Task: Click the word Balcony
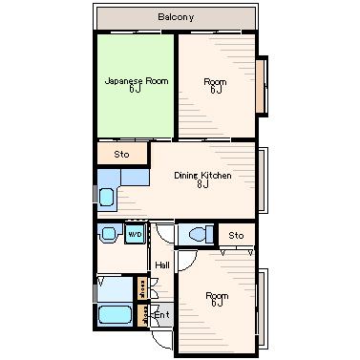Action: click(x=176, y=17)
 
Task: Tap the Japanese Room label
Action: click(x=137, y=81)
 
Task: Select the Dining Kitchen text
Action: click(x=202, y=176)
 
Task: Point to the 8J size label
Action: click(x=202, y=184)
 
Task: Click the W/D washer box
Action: click(x=135, y=234)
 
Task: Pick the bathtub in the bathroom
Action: click(x=115, y=314)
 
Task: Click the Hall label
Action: click(x=162, y=265)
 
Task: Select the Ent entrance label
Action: click(x=162, y=315)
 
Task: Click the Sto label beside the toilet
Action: click(x=236, y=236)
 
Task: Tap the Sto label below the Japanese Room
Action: click(x=121, y=155)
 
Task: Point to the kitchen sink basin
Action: click(x=107, y=198)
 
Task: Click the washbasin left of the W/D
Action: click(x=109, y=233)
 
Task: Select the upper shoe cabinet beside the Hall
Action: click(x=142, y=288)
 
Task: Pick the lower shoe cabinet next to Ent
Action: click(x=142, y=316)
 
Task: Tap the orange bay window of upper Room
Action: click(x=261, y=86)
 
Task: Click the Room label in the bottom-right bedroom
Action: click(x=217, y=296)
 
